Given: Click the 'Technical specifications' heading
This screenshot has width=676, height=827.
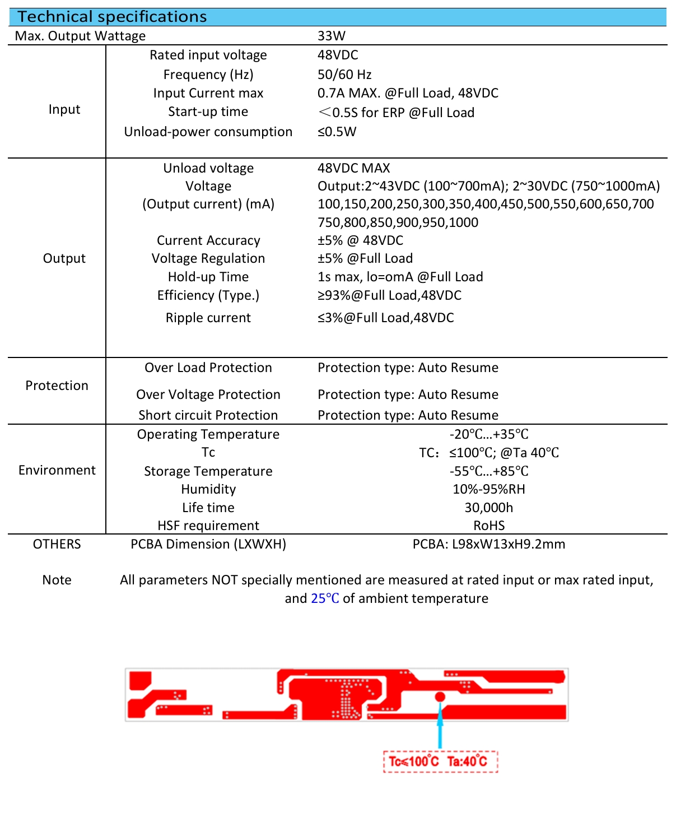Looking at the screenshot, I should point(112,17).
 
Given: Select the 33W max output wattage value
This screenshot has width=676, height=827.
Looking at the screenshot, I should point(332,36).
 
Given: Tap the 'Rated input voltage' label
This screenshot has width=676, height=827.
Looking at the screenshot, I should point(208,55).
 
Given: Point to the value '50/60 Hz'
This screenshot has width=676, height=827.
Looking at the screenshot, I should point(344,75).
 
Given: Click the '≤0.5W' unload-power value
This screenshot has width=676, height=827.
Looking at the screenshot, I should point(337,132).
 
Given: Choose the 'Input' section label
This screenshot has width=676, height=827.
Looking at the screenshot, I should point(64,109).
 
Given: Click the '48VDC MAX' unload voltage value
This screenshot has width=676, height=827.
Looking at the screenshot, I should point(354,168).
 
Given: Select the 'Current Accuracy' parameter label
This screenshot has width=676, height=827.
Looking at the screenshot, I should point(208,240).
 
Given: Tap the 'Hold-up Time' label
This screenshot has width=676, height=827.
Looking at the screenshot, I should point(208,277).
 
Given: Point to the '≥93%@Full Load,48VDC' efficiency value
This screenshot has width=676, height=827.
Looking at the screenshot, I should point(390,295).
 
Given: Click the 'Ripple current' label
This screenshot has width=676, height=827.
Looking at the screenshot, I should point(208,318).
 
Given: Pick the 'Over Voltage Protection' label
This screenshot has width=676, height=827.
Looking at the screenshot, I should point(208,394).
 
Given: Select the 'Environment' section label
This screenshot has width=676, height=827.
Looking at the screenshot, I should point(57,470).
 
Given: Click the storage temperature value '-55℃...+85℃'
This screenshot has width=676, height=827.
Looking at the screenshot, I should point(489,471).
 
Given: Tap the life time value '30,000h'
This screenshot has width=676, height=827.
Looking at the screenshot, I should point(489,508).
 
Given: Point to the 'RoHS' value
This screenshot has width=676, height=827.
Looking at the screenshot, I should point(489,526).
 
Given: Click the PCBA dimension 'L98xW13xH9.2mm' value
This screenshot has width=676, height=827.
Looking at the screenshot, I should point(489,544).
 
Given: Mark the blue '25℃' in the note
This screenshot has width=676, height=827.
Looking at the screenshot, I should point(325,598).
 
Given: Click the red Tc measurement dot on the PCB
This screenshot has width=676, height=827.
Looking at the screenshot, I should point(440,696).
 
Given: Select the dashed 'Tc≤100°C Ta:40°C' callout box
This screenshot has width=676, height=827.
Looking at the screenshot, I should point(440,761).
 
